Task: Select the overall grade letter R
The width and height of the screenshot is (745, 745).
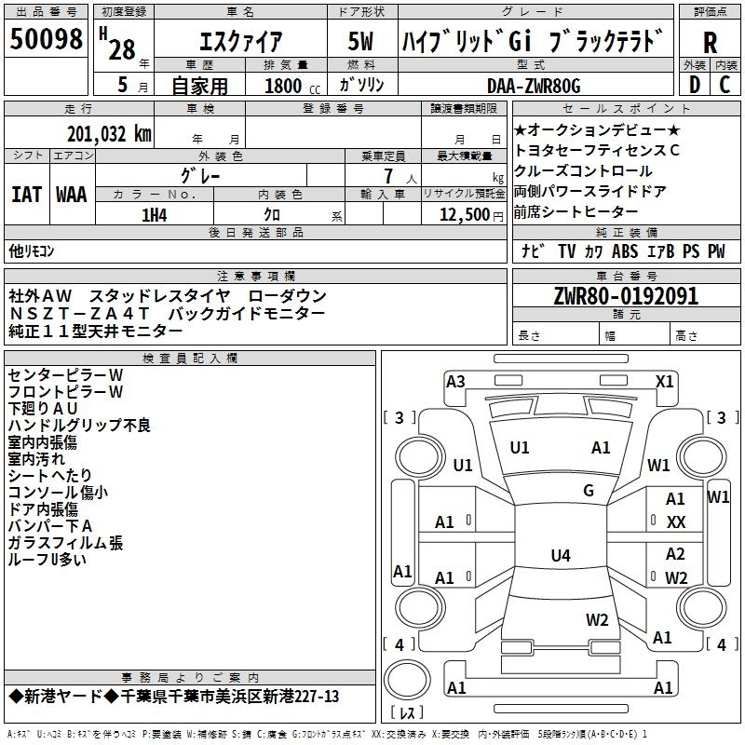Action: (x=710, y=42)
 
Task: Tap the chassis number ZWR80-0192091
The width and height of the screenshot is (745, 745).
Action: (x=626, y=296)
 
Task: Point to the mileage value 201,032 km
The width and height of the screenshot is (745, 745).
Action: (x=109, y=133)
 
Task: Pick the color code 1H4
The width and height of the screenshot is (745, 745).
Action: (x=154, y=214)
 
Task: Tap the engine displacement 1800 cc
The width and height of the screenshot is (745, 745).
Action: (x=279, y=87)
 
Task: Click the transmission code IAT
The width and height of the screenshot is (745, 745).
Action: (x=26, y=194)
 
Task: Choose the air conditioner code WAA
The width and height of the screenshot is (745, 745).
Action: (x=72, y=194)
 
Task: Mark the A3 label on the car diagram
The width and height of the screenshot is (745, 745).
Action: (x=455, y=381)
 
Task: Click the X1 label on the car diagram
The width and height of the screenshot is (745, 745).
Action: (x=664, y=381)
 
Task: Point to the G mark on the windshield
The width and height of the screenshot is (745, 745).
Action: (x=588, y=490)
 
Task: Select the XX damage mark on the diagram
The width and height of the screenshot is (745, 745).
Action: (x=676, y=522)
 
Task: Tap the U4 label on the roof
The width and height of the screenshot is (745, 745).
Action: (x=560, y=556)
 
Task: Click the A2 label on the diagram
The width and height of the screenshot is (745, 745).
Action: (x=675, y=554)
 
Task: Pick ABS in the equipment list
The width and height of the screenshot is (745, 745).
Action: (x=626, y=251)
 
